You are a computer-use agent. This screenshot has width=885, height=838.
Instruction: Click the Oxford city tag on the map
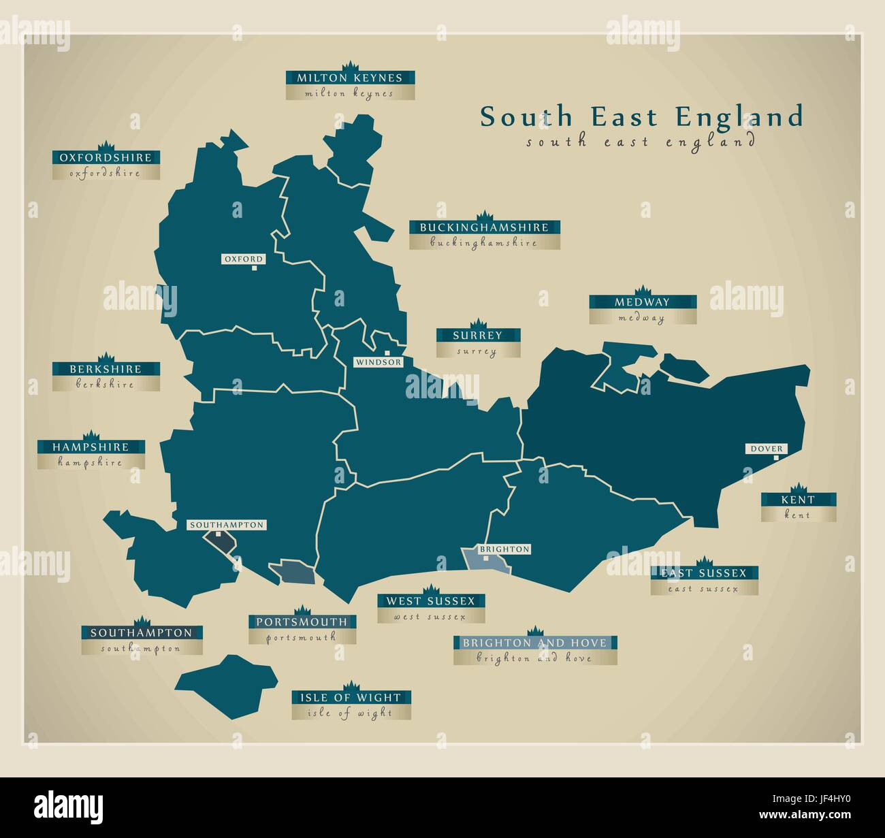pos(243,259)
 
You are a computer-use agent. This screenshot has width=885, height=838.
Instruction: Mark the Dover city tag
pos(767,449)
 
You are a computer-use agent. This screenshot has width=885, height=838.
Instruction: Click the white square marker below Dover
pos(775,458)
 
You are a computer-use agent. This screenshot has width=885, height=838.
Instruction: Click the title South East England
pos(641,117)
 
